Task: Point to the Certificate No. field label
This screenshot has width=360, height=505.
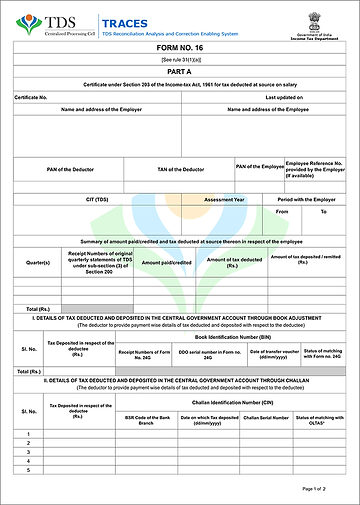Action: click(x=33, y=97)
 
